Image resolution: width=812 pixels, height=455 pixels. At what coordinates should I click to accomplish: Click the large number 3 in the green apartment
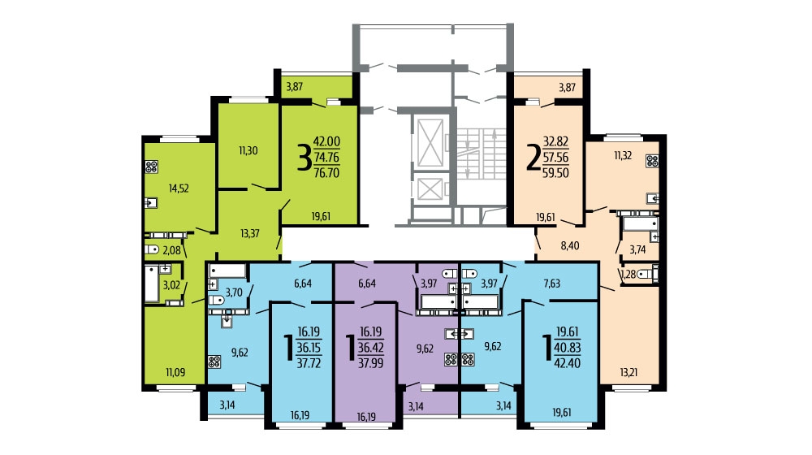[304, 158]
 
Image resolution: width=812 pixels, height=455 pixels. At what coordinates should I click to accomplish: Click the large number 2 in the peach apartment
[533, 158]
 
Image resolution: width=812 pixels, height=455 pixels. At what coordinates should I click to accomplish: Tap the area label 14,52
[179, 188]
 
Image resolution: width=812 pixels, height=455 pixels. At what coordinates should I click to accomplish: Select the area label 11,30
[248, 151]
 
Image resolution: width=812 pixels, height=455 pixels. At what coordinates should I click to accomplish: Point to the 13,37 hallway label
[250, 233]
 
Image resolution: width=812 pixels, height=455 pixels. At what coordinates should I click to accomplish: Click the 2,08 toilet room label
[172, 251]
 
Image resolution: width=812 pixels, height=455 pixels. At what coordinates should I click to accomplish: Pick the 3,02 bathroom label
[171, 285]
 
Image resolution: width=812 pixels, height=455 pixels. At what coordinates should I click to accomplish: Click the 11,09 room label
[175, 372]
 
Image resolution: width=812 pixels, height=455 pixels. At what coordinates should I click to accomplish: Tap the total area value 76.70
[326, 173]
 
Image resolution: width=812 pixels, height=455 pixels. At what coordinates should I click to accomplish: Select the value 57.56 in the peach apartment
[555, 158]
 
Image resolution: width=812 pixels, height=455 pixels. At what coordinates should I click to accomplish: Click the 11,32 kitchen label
[623, 155]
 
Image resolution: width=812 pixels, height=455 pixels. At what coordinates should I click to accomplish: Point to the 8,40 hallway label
[570, 245]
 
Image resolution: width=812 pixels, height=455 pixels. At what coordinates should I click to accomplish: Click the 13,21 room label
[628, 372]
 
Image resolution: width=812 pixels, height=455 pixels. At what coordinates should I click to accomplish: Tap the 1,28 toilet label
[628, 275]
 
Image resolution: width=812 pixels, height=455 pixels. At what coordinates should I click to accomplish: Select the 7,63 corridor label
[551, 284]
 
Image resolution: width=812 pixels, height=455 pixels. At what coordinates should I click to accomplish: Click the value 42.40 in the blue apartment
[568, 363]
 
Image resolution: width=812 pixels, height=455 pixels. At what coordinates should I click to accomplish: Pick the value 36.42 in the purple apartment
[371, 348]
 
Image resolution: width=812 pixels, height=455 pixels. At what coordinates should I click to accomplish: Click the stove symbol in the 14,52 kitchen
[151, 167]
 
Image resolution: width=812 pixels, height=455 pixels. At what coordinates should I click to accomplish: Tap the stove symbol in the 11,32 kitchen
[653, 161]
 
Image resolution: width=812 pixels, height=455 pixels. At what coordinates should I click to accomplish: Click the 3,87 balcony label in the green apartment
[295, 87]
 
